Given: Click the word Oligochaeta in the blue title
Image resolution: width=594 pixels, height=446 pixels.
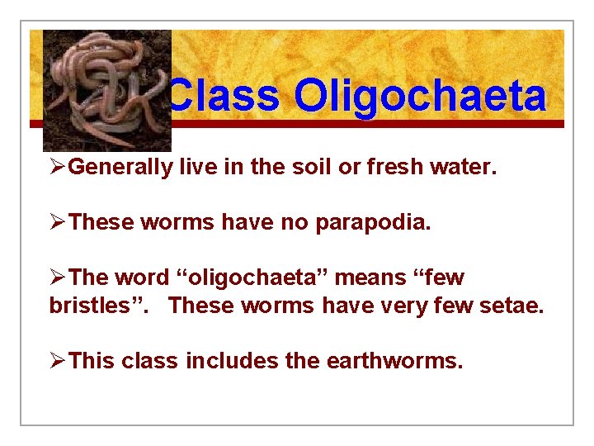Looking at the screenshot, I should click(420, 97).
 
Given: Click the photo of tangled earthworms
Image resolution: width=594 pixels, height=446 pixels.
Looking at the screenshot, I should click(106, 89).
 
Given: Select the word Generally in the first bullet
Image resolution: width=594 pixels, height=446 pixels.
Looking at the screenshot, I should click(120, 168).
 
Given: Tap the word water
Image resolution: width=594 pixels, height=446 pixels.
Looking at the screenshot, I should click(469, 168).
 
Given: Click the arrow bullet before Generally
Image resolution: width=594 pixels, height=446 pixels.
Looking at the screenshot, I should click(58, 168).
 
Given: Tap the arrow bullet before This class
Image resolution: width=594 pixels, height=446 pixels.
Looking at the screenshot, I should click(58, 360).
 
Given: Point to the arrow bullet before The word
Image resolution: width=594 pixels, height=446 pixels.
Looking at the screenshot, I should click(58, 278).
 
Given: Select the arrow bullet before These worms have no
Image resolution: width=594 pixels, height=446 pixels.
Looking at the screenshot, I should click(58, 222).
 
